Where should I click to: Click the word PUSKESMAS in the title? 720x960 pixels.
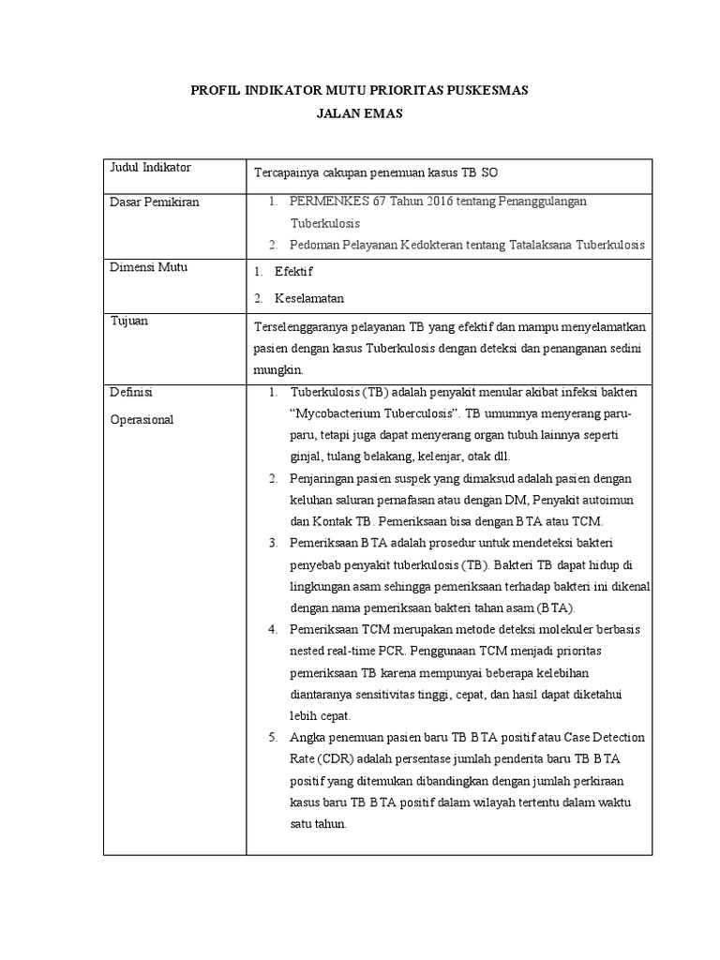tap(485, 91)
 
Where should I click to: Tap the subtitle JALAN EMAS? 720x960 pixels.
tap(359, 114)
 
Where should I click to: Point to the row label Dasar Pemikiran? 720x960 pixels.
tap(155, 202)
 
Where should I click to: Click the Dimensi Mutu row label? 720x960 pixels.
tap(149, 267)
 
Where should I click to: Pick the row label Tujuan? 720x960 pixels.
tap(129, 321)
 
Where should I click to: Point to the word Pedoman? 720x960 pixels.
tap(316, 245)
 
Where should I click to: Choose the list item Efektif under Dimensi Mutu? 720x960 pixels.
tap(293, 272)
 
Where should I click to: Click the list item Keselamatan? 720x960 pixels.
tap(309, 298)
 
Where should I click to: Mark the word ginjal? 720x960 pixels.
tap(306, 457)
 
